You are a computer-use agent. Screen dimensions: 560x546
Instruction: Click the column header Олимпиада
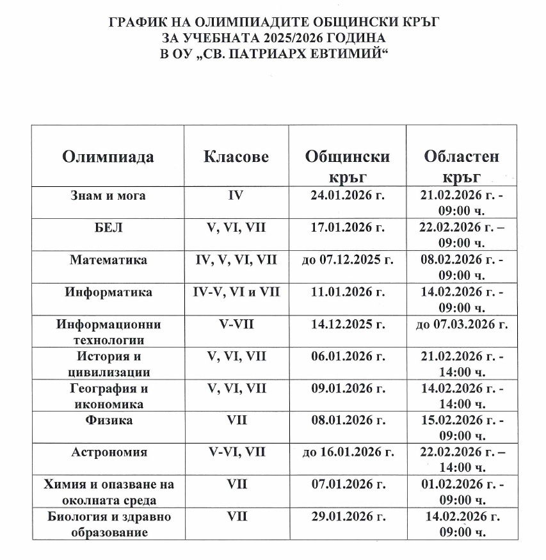[108, 157]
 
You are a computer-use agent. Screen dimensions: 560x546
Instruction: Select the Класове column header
[236, 157]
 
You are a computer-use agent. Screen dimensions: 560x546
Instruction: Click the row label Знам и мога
[108, 195]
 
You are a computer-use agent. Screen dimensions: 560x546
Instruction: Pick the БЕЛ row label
[108, 227]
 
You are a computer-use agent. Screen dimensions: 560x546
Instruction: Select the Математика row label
[108, 260]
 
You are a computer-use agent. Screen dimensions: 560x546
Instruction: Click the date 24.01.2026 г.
[348, 195]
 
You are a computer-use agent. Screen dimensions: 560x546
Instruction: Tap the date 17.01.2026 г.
[348, 227]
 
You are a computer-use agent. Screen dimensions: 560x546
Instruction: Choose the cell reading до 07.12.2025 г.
[348, 260]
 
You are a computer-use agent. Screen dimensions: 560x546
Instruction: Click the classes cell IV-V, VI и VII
[236, 292]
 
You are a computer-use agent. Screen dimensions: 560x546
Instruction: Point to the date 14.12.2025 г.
[348, 324]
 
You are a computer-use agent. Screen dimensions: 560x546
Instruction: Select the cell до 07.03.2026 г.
[462, 324]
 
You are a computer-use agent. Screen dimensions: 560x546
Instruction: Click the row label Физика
[108, 420]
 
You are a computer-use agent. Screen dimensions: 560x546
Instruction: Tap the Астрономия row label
[108, 452]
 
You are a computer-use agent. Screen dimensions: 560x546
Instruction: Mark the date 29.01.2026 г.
[348, 516]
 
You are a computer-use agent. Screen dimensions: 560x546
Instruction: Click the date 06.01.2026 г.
[348, 356]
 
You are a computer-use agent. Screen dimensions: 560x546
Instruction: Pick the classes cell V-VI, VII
[236, 452]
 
